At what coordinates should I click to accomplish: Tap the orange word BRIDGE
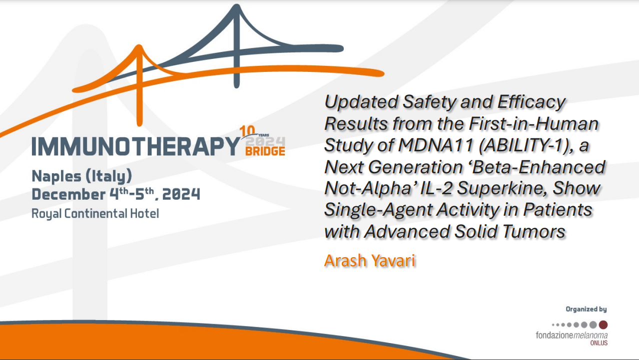[x=265, y=151]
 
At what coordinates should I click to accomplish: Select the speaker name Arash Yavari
[x=370, y=260]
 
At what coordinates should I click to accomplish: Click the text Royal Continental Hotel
[x=95, y=214]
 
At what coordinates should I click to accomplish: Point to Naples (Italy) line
[x=82, y=176]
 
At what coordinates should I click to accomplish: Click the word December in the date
[x=64, y=194]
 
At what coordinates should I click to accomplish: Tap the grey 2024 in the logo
[x=265, y=140]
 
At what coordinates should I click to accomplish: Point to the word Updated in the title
[x=357, y=101]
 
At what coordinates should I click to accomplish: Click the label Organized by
[x=586, y=310]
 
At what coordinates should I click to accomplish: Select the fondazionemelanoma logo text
[x=572, y=336]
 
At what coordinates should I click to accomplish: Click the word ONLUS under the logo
[x=599, y=343]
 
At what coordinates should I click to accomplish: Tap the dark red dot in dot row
[x=603, y=325]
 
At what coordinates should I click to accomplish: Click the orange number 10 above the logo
[x=247, y=131]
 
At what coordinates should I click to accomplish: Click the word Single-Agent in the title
[x=378, y=210]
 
